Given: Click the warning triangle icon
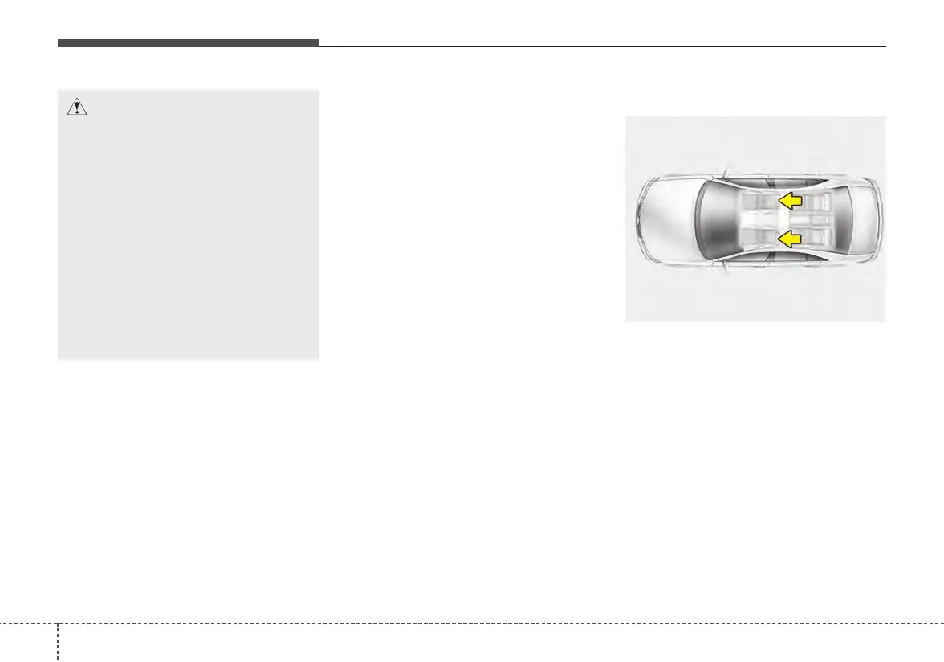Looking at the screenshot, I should click(77, 108).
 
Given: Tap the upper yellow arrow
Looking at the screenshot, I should click(791, 200).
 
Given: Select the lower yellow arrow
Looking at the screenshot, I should click(791, 238).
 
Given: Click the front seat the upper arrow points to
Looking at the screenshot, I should click(759, 201).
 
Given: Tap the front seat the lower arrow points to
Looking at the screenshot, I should click(759, 238).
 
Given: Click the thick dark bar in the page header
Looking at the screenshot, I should click(188, 43).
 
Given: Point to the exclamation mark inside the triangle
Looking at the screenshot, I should click(77, 109).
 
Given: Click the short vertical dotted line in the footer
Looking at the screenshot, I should click(58, 643).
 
